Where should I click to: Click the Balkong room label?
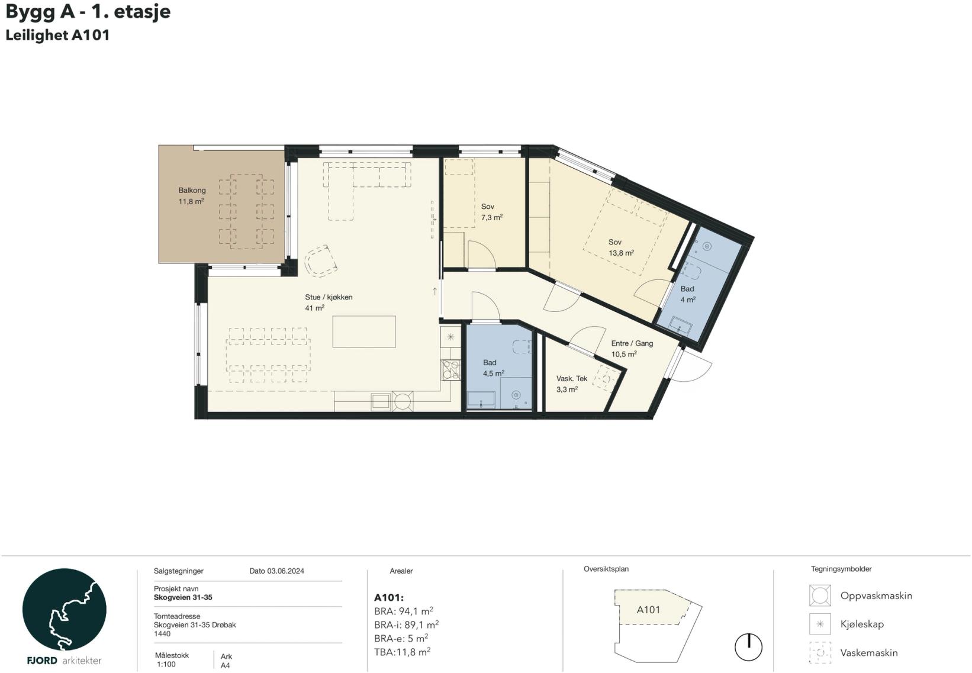coord(192,190)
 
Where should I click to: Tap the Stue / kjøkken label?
coord(329,297)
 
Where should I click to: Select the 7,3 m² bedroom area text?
coord(492,217)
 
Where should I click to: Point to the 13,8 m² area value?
coord(622,253)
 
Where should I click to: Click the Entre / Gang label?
coord(632,343)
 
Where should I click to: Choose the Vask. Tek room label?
coord(572,378)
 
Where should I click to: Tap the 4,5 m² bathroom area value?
coord(494,373)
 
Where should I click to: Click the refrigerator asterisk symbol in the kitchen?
coord(450,337)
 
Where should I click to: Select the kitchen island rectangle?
coord(364,331)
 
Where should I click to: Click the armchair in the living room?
coord(321,261)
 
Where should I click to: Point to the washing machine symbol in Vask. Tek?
coord(607,379)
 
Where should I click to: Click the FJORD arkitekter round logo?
coord(64,609)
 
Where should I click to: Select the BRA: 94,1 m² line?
coord(404,611)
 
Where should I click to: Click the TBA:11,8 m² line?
coord(403,652)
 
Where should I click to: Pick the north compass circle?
coord(748,646)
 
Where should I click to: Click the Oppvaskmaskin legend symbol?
coord(820,595)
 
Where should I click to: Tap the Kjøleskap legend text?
coord(862,624)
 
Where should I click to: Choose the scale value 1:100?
coord(166,664)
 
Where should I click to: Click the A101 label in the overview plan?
coord(648,610)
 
